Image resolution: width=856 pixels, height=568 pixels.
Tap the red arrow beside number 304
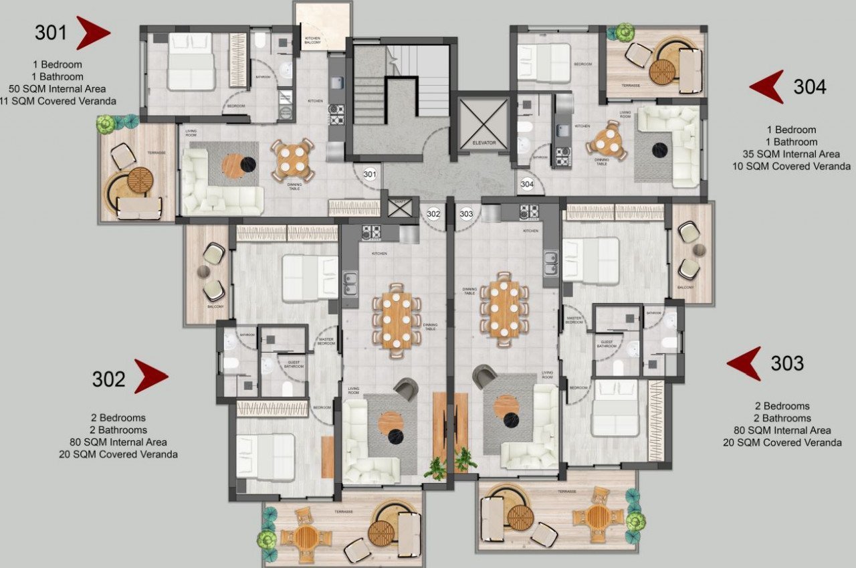(x=768, y=86)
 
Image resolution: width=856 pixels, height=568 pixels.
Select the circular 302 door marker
(x=433, y=214)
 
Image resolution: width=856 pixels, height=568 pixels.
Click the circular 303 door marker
(x=467, y=214)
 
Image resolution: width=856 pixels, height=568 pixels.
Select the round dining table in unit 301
(x=293, y=160)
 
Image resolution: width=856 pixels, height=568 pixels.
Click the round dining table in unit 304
(x=608, y=141)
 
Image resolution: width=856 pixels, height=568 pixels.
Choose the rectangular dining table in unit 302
(x=397, y=320)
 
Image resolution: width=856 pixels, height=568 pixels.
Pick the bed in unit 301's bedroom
(x=191, y=62)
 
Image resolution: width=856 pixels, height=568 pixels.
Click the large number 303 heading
(x=786, y=363)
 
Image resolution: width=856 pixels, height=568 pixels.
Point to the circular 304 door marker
(x=527, y=184)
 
